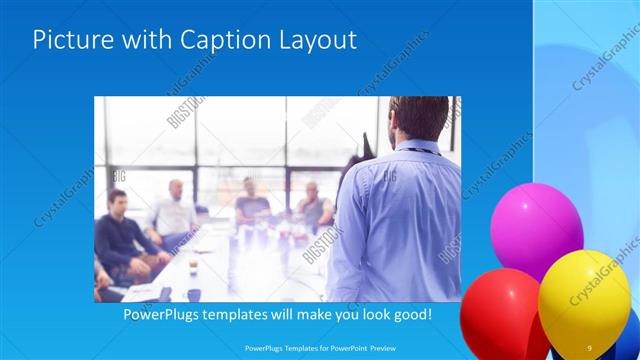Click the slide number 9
tap(589, 347)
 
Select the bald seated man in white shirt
tap(174, 210)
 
